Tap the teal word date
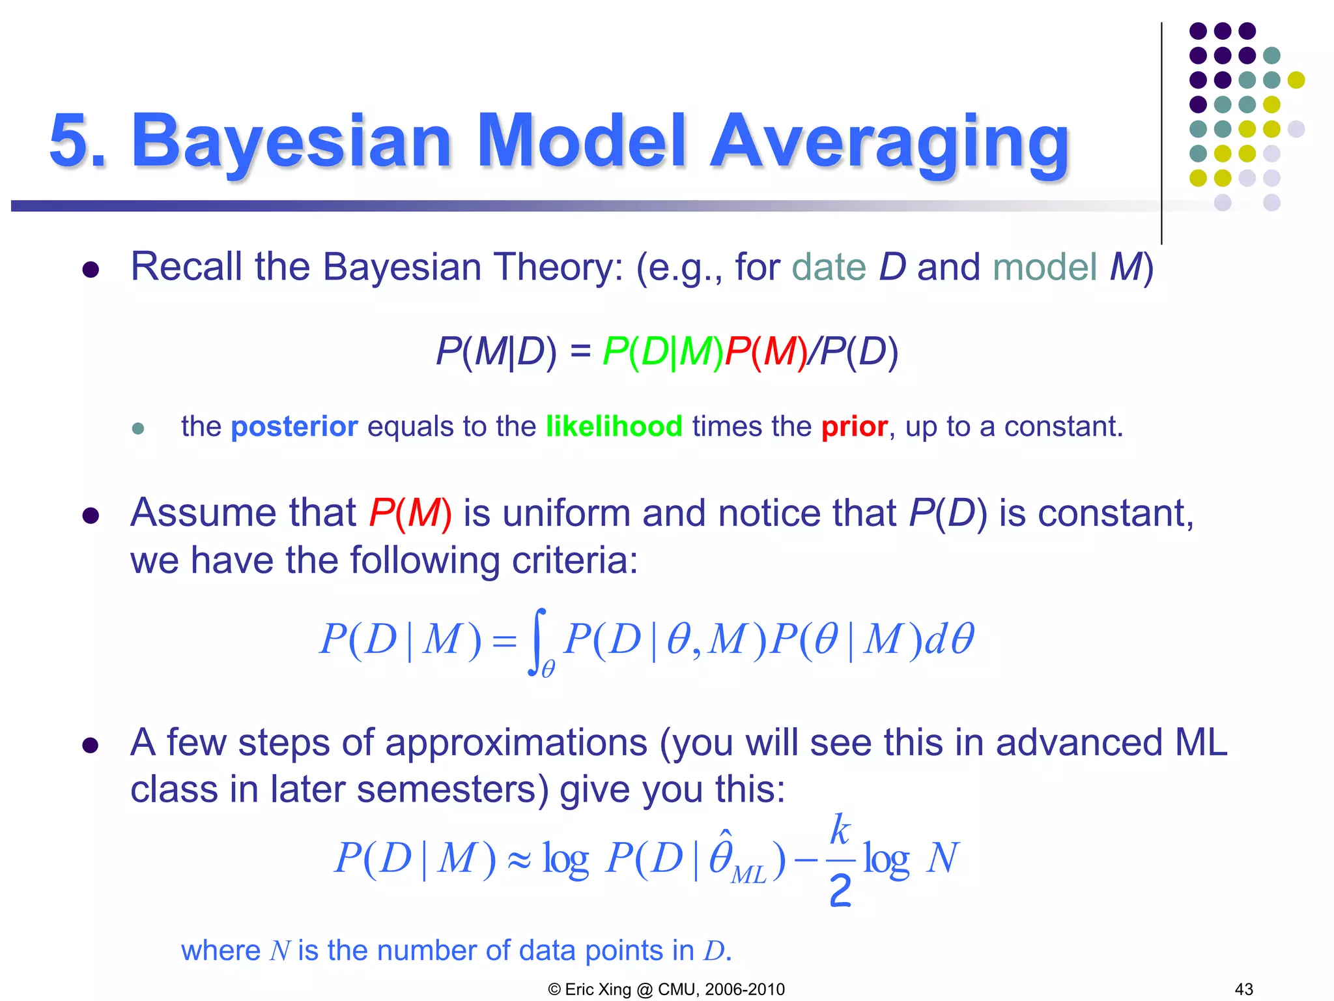tap(829, 267)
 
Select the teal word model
tap(1045, 267)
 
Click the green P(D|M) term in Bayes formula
tap(662, 352)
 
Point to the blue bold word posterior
tap(294, 427)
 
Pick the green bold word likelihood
tap(614, 427)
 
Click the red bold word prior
tap(854, 428)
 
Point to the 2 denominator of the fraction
tap(840, 891)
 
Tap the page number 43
tap(1243, 989)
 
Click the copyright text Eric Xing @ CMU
tap(666, 989)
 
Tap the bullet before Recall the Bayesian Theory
tap(91, 269)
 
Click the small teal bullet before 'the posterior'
tap(137, 428)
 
